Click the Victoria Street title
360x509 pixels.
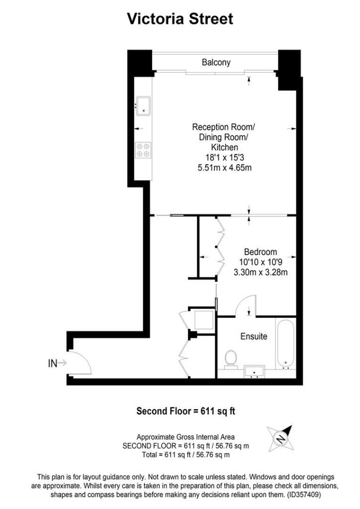click(x=180, y=19)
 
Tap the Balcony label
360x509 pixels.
click(x=216, y=62)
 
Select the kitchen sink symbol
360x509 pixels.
click(x=144, y=105)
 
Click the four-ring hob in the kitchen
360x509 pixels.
click(x=144, y=150)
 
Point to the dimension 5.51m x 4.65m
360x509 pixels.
click(x=225, y=168)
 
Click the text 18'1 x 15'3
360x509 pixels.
click(x=225, y=157)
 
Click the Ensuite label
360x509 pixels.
click(x=254, y=337)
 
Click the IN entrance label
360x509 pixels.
click(x=53, y=363)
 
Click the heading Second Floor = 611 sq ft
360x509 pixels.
click(x=185, y=411)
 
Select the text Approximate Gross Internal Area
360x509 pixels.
click(x=186, y=437)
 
